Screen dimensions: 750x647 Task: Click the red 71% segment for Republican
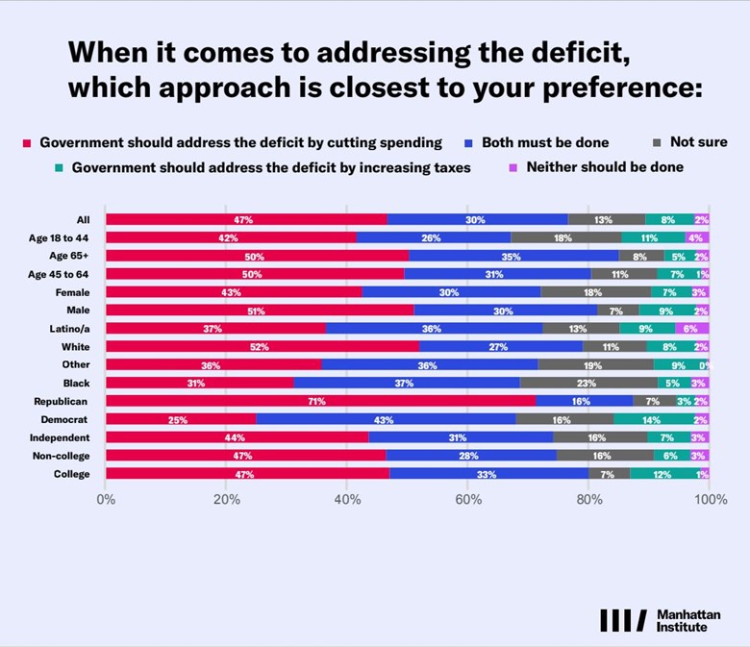tap(320, 401)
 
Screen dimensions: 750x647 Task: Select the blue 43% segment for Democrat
tap(386, 419)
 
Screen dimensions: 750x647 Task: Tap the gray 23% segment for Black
tap(588, 383)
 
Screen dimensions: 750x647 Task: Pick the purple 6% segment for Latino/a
tap(692, 329)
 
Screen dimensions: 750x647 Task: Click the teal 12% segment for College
tap(664, 473)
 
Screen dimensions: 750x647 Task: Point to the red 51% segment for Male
tap(260, 311)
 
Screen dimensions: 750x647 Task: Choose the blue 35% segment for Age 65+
tap(513, 256)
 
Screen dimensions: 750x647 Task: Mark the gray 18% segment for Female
tap(595, 292)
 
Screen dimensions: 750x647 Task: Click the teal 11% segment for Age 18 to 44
tap(654, 237)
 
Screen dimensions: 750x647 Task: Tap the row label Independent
tap(60, 437)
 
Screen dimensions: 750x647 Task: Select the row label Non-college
tap(61, 456)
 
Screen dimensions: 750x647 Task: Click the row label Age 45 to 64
tap(58, 274)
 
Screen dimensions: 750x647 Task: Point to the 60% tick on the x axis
tap(468, 500)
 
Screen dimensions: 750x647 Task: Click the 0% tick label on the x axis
tap(106, 500)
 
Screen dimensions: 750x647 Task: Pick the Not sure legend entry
tap(690, 142)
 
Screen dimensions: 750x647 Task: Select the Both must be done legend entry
tap(537, 142)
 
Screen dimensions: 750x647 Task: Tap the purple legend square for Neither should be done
tap(512, 168)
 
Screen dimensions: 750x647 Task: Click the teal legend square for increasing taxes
tap(59, 168)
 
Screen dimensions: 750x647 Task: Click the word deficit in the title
tap(580, 52)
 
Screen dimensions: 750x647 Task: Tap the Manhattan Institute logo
tap(661, 620)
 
